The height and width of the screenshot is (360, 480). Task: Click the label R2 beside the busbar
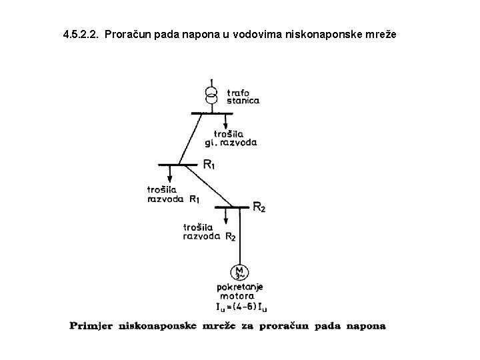coord(259,207)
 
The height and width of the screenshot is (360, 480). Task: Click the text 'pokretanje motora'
coord(240,291)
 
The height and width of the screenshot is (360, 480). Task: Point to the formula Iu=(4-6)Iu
coord(241,307)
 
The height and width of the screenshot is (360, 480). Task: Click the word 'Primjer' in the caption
coord(91,327)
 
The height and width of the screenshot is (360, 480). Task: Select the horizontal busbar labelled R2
coord(230,206)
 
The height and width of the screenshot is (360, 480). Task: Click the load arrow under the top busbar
coord(224,122)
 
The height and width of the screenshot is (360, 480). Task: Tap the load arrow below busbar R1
coord(170,173)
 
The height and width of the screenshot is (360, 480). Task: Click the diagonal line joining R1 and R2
coord(207,185)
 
